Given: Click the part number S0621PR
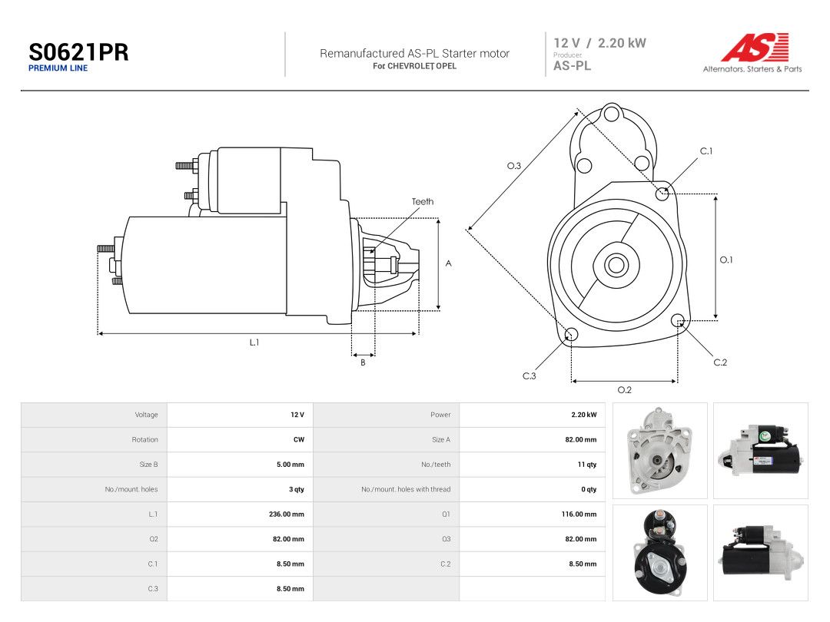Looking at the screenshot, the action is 78,52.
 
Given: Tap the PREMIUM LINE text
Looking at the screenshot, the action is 58,68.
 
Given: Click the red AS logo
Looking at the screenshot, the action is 755,48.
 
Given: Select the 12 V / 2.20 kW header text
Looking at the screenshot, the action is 599,43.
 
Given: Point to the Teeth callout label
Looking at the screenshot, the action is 423,201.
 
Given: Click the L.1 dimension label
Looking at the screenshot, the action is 254,342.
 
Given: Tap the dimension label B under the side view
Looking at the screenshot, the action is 363,362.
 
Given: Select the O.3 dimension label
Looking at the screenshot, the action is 514,166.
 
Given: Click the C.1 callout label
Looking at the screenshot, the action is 706,151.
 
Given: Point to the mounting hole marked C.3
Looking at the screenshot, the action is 572,334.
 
